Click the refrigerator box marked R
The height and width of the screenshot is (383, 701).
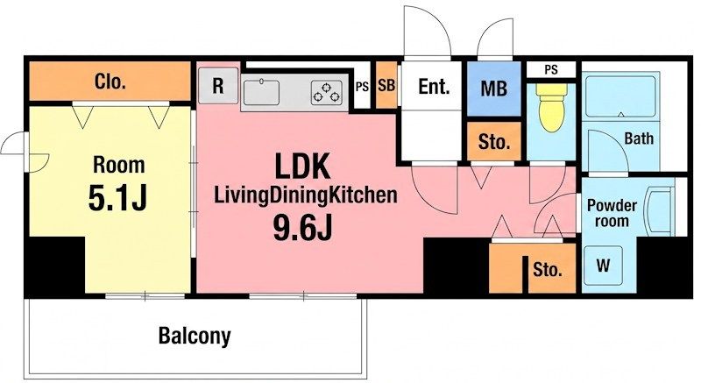click(x=218, y=86)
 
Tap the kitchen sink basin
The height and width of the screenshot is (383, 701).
click(x=261, y=92)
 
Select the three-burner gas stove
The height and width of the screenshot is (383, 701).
click(x=327, y=93)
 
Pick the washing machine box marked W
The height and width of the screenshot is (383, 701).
click(x=603, y=265)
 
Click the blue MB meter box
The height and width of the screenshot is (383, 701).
click(x=494, y=89)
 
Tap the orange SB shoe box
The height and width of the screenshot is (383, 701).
click(x=386, y=85)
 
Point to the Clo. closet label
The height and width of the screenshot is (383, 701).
click(x=110, y=82)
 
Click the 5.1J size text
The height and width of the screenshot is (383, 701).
click(x=117, y=197)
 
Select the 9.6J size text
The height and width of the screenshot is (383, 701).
click(x=302, y=228)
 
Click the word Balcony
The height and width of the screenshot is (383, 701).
click(x=195, y=336)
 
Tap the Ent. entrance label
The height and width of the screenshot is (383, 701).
click(x=433, y=86)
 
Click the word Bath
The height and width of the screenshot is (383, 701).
click(x=639, y=138)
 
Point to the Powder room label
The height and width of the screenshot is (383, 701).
click(x=612, y=213)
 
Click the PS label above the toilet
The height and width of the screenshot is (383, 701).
click(x=551, y=70)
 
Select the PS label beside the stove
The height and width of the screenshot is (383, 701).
click(x=362, y=87)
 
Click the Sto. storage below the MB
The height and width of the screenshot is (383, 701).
click(x=494, y=141)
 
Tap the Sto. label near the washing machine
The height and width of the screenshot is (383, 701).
click(x=547, y=269)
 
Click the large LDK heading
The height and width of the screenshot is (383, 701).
click(x=302, y=166)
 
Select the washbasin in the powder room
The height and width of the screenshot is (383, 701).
click(x=659, y=210)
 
